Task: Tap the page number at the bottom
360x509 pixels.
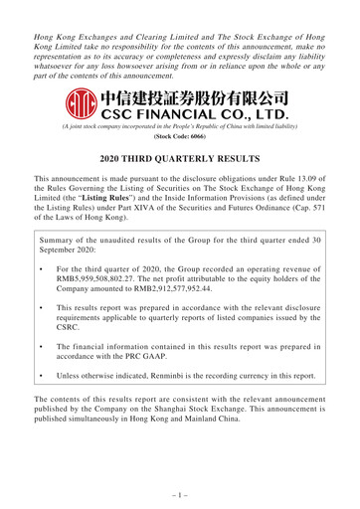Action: [x=179, y=491]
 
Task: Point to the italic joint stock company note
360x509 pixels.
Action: [x=179, y=132]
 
